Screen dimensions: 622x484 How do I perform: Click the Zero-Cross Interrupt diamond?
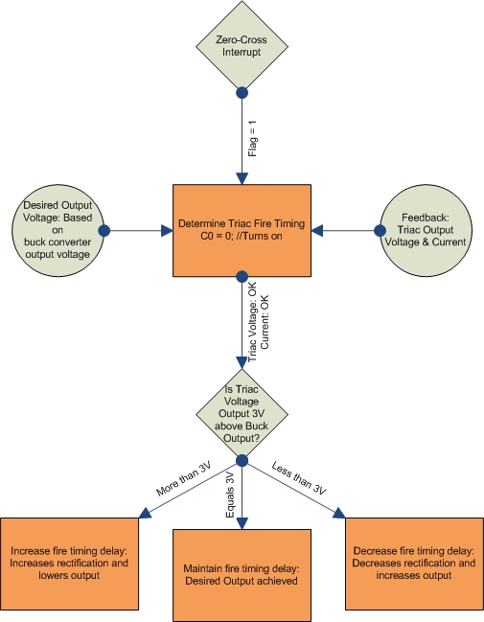point(242,48)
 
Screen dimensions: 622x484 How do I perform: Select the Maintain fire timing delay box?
point(242,573)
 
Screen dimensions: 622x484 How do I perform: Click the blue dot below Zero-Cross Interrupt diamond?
point(242,93)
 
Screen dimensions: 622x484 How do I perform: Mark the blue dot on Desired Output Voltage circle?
point(104,231)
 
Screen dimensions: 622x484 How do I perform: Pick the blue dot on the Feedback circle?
point(379,230)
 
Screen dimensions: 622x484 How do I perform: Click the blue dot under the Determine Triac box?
point(242,277)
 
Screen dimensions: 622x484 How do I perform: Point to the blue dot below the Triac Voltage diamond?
point(242,461)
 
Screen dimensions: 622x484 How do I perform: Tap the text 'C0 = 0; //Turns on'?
point(242,237)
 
